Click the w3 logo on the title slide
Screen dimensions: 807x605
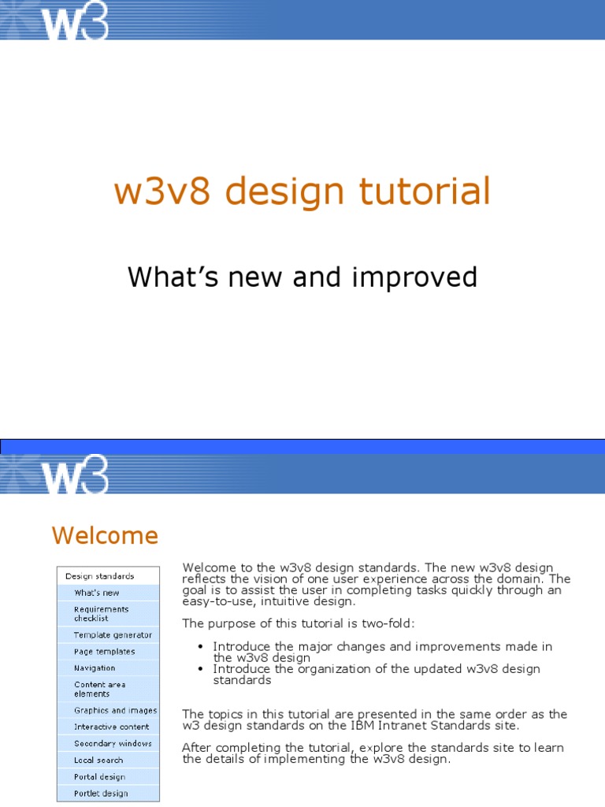75,21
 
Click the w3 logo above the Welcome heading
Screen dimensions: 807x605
75,474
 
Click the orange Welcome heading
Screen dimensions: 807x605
105,536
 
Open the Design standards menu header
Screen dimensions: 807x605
100,576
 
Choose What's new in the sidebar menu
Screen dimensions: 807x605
97,593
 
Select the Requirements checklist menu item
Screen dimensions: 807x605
102,614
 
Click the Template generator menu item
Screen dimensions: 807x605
113,635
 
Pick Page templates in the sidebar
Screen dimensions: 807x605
105,652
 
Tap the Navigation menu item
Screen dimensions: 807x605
95,668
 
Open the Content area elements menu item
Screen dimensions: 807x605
100,690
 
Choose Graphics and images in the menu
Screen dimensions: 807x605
115,711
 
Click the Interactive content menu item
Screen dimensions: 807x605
111,727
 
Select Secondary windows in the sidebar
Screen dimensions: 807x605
113,744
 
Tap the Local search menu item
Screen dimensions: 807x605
98,761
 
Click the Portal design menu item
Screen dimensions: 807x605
100,777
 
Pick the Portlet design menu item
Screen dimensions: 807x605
101,794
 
